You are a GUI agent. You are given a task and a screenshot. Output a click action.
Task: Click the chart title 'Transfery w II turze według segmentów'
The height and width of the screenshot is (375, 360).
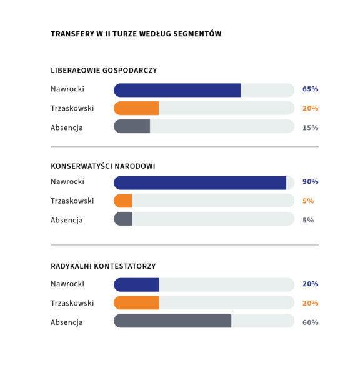pyautogui.click(x=136, y=34)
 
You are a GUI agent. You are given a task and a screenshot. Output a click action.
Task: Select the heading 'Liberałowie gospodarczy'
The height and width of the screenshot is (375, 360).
pyautogui.click(x=104, y=70)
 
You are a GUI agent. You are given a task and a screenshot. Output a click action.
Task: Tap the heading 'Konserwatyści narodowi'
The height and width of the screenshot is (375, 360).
pyautogui.click(x=103, y=166)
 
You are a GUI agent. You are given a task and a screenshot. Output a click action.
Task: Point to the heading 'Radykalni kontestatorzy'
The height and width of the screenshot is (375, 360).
pyautogui.click(x=103, y=266)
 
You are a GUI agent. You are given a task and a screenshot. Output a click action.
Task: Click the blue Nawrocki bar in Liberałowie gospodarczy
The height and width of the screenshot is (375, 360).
pyautogui.click(x=177, y=90)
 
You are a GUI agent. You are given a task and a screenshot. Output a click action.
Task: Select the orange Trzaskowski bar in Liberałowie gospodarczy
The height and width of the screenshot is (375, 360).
pyautogui.click(x=136, y=108)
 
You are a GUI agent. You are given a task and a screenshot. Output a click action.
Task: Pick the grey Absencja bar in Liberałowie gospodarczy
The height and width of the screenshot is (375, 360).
pyautogui.click(x=132, y=126)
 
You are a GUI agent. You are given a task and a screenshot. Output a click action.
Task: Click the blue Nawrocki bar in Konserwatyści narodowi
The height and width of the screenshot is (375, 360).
pyautogui.click(x=200, y=183)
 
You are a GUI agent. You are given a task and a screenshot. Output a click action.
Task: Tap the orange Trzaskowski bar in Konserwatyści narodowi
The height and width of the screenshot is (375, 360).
pyautogui.click(x=123, y=201)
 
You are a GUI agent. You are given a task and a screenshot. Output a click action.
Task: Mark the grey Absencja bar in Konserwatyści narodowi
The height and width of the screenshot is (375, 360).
pyautogui.click(x=123, y=219)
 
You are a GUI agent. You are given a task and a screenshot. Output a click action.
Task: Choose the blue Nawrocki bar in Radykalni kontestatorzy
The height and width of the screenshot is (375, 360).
pyautogui.click(x=136, y=285)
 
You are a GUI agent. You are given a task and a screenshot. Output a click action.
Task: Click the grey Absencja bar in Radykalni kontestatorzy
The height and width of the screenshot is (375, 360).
pyautogui.click(x=172, y=321)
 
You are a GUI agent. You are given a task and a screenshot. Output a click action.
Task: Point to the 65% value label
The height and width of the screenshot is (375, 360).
pyautogui.click(x=310, y=89)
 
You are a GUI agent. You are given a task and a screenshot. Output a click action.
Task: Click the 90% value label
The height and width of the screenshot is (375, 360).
pyautogui.click(x=310, y=181)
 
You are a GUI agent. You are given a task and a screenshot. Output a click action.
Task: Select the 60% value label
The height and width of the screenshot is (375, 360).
pyautogui.click(x=310, y=322)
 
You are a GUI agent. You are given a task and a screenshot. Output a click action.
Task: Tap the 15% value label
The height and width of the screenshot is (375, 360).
pyautogui.click(x=310, y=127)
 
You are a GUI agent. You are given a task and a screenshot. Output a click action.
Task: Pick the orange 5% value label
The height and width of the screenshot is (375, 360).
pyautogui.click(x=308, y=201)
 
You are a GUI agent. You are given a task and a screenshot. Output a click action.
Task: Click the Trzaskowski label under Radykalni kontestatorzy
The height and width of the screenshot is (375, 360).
pyautogui.click(x=72, y=303)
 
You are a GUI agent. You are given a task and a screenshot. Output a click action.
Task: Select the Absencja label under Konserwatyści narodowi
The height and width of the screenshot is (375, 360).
pyautogui.click(x=67, y=220)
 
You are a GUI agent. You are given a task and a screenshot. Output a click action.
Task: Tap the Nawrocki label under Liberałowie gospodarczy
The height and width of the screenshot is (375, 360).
pyautogui.click(x=67, y=89)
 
